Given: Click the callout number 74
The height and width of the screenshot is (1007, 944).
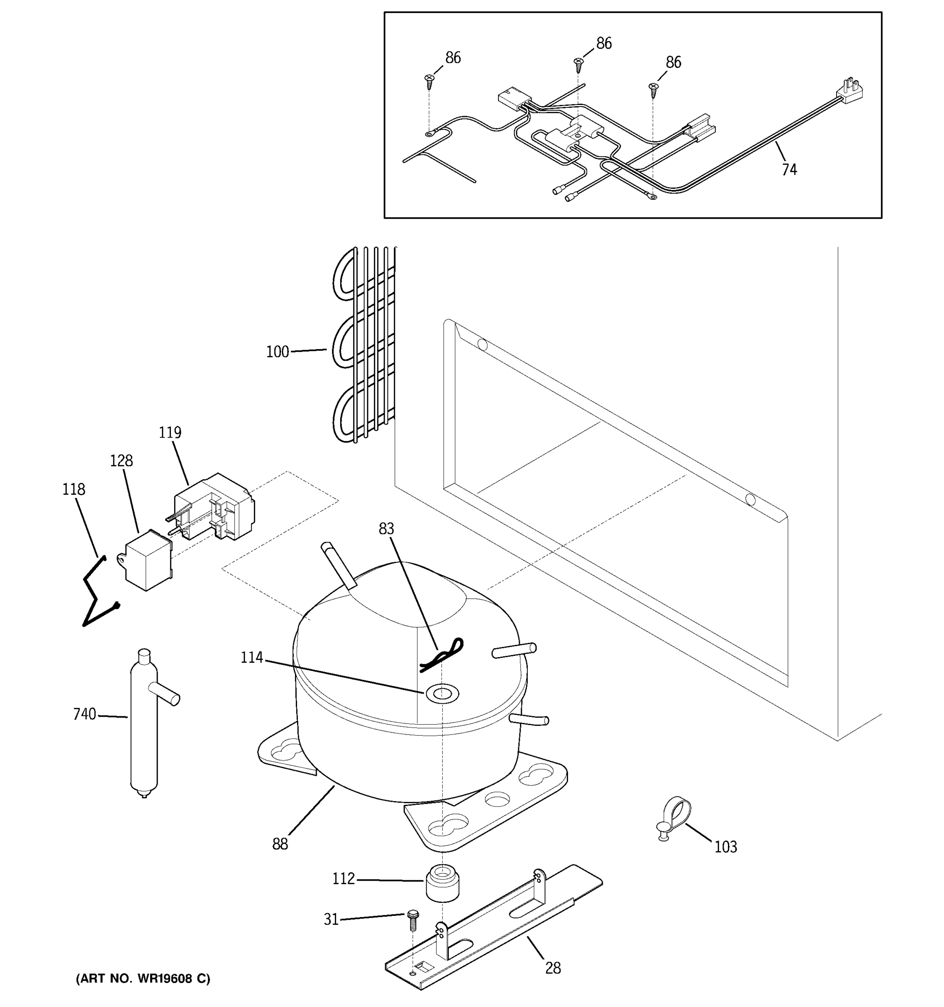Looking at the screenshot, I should coord(789,170).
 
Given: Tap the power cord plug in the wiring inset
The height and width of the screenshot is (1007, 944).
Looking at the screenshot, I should coord(853,91).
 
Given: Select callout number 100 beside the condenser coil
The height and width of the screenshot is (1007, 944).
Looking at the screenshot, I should coord(277,352).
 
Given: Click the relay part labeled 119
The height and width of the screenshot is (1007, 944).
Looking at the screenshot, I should coord(215,508).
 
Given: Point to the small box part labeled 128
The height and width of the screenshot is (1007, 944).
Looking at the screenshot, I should coord(147,560).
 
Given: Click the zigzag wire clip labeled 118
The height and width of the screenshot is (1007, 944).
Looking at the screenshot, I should coord(98,592).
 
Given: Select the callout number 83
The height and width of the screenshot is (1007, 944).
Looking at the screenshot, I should coord(386,529).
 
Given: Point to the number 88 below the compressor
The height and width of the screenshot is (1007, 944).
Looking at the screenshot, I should coord(280,844).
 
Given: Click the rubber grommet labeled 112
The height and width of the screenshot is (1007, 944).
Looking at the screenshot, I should coord(442,883).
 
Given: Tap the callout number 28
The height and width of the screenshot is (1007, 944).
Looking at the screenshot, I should coord(553,968).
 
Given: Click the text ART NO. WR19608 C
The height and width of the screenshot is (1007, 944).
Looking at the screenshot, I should coord(143,978).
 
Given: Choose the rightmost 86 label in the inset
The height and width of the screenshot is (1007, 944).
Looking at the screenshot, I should coord(673,62).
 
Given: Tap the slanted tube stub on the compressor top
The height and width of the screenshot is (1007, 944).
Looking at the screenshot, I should coord(338,565).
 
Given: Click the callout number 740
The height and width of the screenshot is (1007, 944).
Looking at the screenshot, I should coord(85,714).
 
